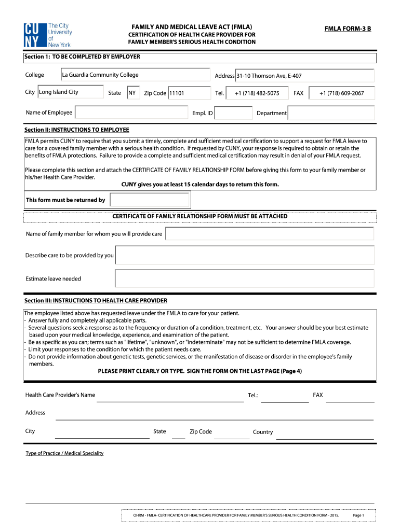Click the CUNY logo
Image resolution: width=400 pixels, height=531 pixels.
point(47,35)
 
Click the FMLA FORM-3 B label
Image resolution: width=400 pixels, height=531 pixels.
point(348,29)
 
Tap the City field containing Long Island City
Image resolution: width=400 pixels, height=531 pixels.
point(70,92)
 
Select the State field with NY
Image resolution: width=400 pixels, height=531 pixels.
point(133,93)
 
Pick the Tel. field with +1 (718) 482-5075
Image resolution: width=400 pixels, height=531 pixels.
point(257,93)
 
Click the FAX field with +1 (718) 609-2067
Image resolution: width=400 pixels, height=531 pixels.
point(341,93)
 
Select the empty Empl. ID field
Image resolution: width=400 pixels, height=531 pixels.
point(234,113)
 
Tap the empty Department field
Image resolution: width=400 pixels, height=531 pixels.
point(330,113)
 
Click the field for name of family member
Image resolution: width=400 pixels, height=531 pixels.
point(269,234)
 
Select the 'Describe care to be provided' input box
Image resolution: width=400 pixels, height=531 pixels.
point(244,255)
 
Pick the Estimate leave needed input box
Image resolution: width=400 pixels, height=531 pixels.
point(244,278)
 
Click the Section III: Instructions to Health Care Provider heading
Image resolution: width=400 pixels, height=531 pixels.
point(96,300)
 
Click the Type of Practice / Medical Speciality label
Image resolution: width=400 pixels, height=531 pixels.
point(64,453)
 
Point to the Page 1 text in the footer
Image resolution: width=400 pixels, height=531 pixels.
point(358,515)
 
